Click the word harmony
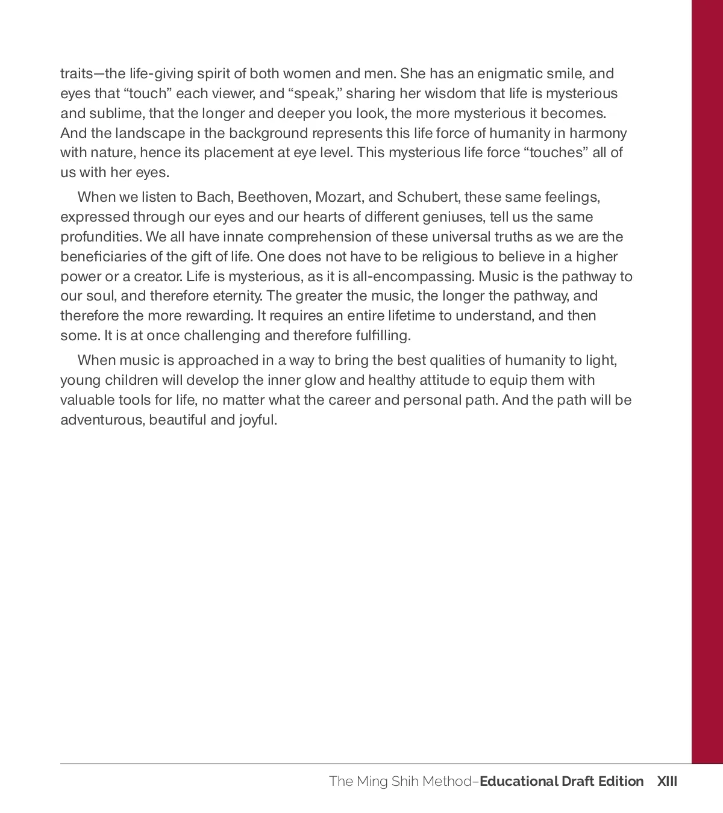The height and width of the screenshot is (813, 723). pyautogui.click(x=598, y=133)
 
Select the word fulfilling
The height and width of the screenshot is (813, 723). pyautogui.click(x=379, y=336)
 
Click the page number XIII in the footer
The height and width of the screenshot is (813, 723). pyautogui.click(x=667, y=782)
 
